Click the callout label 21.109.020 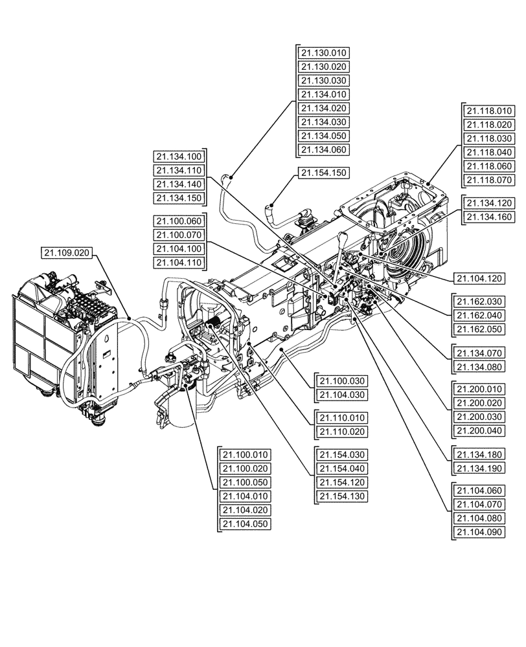click(67, 253)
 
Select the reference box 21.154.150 click(323, 173)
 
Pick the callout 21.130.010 click(323, 52)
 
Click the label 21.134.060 click(323, 149)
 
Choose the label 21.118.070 click(488, 179)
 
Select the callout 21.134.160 click(488, 217)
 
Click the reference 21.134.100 click(178, 156)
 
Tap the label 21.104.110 click(178, 262)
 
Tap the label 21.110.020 click(340, 432)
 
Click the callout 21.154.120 click(340, 482)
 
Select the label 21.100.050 click(245, 482)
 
